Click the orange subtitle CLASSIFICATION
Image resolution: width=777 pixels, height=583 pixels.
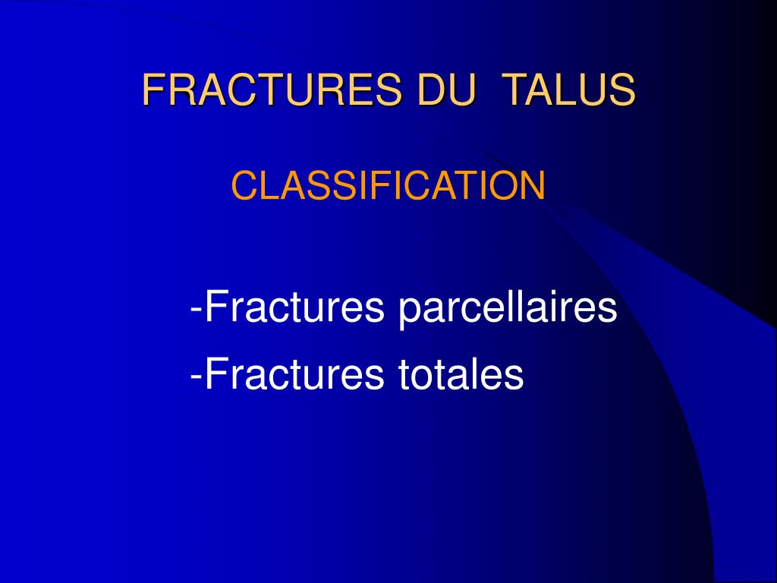[x=388, y=186]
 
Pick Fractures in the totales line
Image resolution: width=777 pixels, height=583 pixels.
[x=297, y=373]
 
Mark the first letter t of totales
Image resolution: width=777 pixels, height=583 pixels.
[x=402, y=373]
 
